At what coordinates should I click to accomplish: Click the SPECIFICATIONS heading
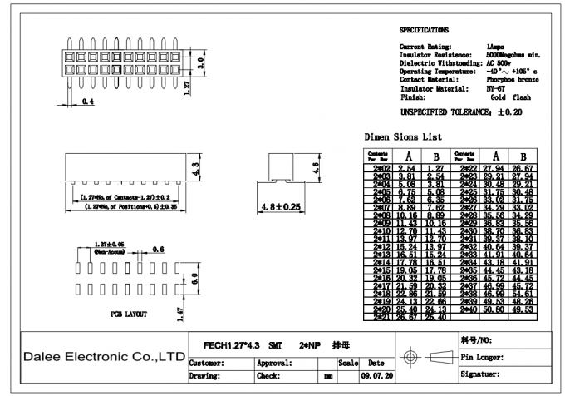(x=424, y=29)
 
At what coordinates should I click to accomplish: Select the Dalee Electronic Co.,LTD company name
(x=103, y=356)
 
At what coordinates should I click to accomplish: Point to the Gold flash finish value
(x=508, y=97)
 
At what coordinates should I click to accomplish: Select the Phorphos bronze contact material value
(x=510, y=79)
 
